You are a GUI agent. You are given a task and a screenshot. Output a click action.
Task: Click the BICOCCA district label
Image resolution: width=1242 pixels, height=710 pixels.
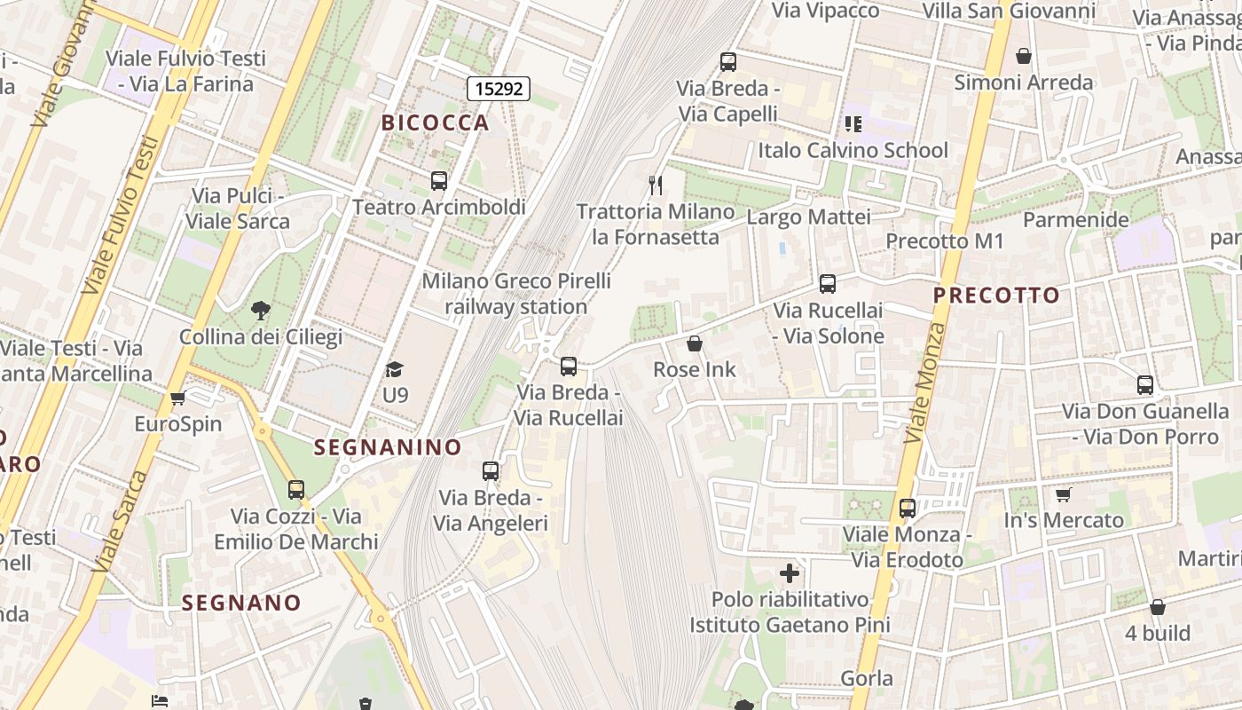click(x=435, y=122)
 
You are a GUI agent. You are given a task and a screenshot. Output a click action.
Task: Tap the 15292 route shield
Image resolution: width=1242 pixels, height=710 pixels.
click(x=499, y=88)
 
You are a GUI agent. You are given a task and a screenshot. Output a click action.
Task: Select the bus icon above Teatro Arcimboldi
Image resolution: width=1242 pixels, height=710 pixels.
click(x=438, y=181)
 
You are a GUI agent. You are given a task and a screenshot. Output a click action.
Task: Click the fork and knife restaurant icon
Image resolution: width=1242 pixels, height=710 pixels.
click(x=656, y=185)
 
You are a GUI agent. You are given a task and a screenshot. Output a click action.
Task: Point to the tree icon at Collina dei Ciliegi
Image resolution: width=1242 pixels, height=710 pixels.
click(x=260, y=311)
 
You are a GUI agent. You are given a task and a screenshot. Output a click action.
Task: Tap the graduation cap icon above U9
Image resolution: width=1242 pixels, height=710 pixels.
click(x=395, y=369)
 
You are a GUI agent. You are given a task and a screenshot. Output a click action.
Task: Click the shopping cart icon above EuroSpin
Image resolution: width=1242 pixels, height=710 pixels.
click(x=177, y=398)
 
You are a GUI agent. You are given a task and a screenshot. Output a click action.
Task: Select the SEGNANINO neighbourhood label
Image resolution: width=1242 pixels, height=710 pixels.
click(x=388, y=447)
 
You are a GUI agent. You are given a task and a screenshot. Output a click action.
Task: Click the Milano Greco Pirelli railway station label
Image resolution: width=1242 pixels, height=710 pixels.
click(x=515, y=294)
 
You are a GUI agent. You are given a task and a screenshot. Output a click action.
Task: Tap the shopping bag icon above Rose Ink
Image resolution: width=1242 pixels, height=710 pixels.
click(x=694, y=343)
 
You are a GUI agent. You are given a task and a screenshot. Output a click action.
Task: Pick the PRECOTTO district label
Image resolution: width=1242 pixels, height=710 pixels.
click(x=996, y=296)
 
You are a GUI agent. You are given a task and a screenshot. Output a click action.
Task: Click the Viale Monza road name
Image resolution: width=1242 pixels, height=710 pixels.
click(x=925, y=383)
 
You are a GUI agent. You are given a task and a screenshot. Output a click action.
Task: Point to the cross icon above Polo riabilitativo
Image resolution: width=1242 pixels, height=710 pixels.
click(x=789, y=572)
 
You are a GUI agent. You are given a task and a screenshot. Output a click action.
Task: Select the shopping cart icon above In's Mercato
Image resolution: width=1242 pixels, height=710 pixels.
click(x=1063, y=494)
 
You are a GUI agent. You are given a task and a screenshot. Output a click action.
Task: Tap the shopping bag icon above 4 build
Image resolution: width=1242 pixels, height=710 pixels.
click(x=1157, y=607)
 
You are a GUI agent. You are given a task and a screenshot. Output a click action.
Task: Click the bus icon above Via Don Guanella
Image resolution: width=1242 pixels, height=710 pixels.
click(x=1145, y=385)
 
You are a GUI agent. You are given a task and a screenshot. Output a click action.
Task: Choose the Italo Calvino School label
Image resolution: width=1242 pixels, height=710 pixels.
click(x=853, y=150)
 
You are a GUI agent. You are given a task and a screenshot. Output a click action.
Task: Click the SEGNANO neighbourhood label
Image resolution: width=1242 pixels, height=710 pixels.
click(x=241, y=603)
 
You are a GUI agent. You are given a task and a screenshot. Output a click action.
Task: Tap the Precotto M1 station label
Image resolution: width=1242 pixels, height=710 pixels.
click(x=945, y=241)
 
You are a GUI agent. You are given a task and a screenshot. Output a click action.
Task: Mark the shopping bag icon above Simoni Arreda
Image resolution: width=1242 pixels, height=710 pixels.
click(x=1024, y=56)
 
